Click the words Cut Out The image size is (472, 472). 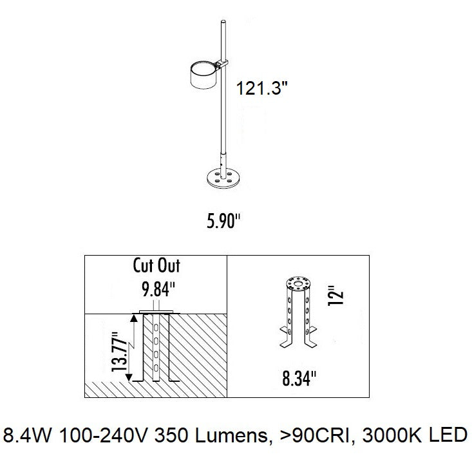click(156, 265)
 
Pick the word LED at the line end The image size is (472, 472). click(448, 436)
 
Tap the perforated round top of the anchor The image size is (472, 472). click(297, 283)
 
